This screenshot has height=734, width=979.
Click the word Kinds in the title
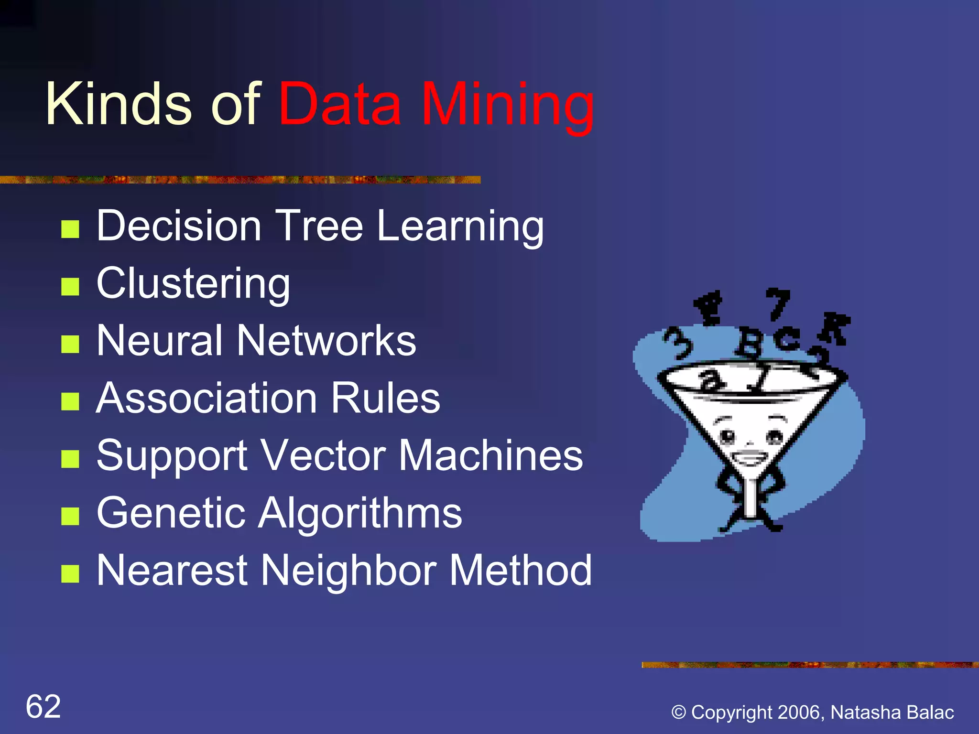coord(118,105)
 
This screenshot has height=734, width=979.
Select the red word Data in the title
coord(339,105)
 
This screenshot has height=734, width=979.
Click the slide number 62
coord(43,706)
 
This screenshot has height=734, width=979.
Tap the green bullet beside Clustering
coord(70,287)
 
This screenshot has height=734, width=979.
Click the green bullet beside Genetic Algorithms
coord(70,516)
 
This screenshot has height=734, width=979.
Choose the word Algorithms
coord(360,513)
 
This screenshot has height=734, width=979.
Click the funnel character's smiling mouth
coord(749,459)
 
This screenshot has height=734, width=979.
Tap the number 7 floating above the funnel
coord(777,303)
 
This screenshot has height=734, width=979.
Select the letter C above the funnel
coord(786,340)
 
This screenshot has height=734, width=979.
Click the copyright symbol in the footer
coord(678,712)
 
